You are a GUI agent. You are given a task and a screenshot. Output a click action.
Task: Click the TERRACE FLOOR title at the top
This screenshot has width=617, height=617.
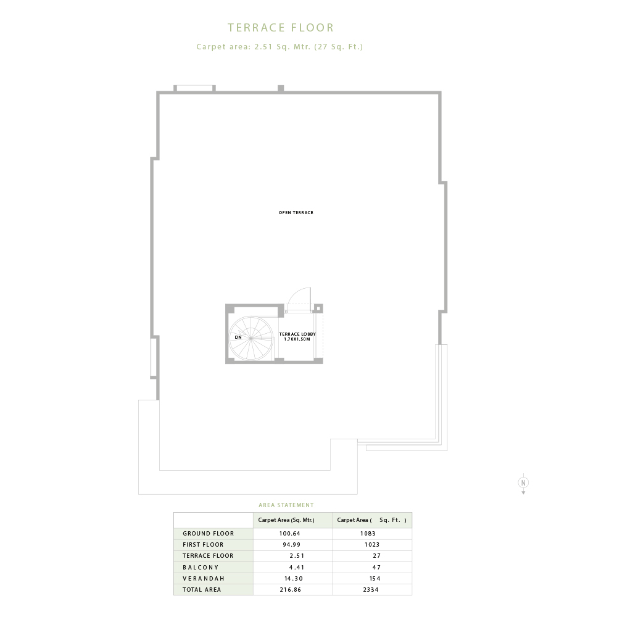(x=281, y=28)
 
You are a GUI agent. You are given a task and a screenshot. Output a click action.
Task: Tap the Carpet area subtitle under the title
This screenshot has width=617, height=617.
(x=280, y=46)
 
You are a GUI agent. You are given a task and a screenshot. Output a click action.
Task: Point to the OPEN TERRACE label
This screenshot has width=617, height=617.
(x=296, y=212)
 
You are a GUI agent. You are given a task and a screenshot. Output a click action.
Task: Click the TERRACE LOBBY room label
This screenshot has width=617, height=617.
(x=297, y=336)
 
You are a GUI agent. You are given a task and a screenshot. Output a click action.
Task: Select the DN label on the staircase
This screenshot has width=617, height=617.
(x=238, y=337)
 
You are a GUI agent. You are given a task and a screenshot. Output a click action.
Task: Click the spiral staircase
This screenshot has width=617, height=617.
(x=251, y=338)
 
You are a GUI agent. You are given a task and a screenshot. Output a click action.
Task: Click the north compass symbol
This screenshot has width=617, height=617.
(x=523, y=483)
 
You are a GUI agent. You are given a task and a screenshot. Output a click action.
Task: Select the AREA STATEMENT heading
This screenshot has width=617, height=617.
(x=286, y=505)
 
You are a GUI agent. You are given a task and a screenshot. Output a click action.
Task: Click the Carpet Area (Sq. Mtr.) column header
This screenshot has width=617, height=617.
(x=286, y=520)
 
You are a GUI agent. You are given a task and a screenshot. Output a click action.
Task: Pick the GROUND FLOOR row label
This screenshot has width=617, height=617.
(x=208, y=534)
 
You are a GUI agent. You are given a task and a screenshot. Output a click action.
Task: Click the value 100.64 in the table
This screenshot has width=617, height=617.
(x=290, y=534)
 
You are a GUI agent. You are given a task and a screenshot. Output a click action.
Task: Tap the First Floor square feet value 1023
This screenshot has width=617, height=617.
(x=372, y=545)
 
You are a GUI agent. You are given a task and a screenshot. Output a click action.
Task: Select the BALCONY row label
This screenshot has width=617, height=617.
(x=201, y=568)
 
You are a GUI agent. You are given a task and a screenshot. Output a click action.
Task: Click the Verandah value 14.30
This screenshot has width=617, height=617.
(x=294, y=579)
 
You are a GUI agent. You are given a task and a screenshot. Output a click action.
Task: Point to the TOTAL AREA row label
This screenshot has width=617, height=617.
(x=202, y=589)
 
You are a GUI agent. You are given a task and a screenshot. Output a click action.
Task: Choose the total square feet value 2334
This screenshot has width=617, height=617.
(x=371, y=589)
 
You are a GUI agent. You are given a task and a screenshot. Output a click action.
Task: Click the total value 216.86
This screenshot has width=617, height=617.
(x=291, y=589)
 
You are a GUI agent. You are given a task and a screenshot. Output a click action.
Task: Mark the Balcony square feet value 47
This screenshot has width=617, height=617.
(x=376, y=568)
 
